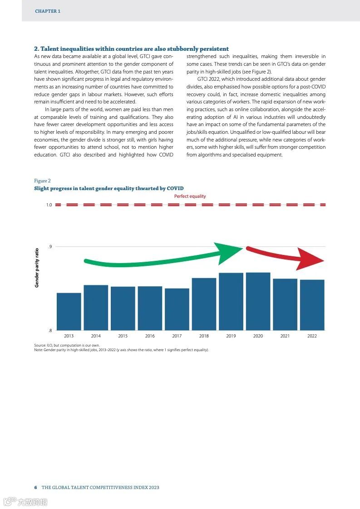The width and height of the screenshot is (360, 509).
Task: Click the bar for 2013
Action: (69, 312)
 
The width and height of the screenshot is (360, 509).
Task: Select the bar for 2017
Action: (177, 309)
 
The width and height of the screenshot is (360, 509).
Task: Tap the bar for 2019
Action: (231, 301)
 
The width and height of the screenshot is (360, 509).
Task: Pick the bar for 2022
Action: (312, 305)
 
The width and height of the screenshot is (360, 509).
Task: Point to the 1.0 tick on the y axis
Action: (49, 205)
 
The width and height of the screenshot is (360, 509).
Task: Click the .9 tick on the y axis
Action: (50, 247)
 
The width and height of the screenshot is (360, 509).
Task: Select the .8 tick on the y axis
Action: (50, 330)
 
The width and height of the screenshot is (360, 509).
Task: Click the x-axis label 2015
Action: (123, 336)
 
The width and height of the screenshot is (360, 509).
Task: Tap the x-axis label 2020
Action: (258, 336)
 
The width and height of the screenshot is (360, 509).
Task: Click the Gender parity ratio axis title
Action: (37, 267)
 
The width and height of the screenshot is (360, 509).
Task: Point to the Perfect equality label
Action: (190, 196)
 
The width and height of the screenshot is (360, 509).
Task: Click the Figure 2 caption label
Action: (42, 181)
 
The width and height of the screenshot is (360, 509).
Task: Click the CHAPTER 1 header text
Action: (48, 11)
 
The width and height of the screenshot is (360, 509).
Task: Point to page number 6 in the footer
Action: (35, 488)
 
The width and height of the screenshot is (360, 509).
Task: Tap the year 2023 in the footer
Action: (153, 488)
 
